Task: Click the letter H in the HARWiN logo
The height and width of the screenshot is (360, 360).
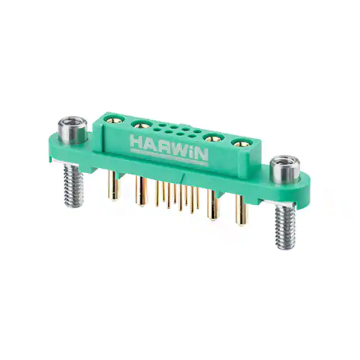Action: (136, 142)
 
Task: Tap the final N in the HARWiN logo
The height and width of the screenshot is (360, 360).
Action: (202, 155)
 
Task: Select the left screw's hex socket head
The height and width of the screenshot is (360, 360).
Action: (73, 130)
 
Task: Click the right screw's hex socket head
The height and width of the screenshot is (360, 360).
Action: (285, 169)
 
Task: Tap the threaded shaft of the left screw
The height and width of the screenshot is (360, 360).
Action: (74, 185)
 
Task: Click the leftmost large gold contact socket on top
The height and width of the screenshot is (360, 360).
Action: (114, 119)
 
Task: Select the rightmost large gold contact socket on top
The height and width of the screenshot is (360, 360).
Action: (241, 144)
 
